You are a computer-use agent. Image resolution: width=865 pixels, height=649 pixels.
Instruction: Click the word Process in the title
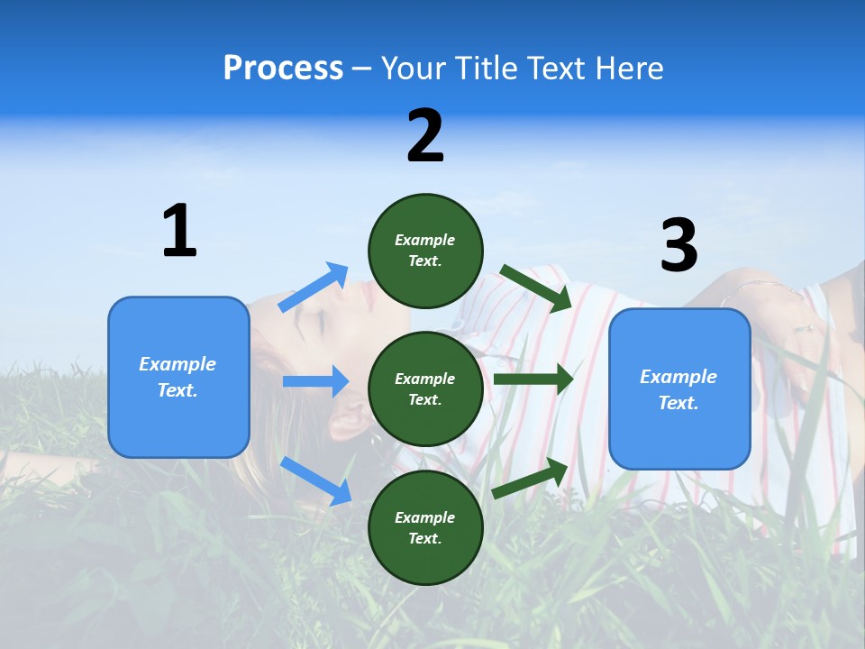pos(283,69)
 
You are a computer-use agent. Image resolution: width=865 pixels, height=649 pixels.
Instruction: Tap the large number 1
pos(179,231)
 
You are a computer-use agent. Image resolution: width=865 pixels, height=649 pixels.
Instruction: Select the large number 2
pos(425,136)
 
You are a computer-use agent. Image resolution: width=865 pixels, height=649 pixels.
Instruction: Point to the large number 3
pos(678,245)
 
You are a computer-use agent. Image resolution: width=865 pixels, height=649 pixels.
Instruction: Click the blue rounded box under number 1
pos(178,377)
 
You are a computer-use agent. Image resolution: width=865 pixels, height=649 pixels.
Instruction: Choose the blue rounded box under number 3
pos(679,388)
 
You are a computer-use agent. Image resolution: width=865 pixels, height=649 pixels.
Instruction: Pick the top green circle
pos(425,251)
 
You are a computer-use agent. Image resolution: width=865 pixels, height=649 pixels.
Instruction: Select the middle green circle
pos(425,388)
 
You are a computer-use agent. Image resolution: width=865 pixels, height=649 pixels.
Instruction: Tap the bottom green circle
pos(425,527)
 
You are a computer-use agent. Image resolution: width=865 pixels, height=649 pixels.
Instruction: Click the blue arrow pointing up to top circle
pos(314,288)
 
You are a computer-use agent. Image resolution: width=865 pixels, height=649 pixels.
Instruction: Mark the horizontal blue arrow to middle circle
pos(315,381)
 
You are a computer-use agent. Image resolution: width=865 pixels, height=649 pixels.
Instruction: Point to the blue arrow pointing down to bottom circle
pos(316,480)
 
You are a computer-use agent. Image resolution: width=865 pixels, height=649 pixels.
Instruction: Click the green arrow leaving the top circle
pos(536,288)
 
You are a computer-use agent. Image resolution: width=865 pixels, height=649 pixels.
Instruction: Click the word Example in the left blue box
pos(178,364)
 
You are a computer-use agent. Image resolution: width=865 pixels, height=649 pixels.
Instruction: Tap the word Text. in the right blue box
pos(678,403)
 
